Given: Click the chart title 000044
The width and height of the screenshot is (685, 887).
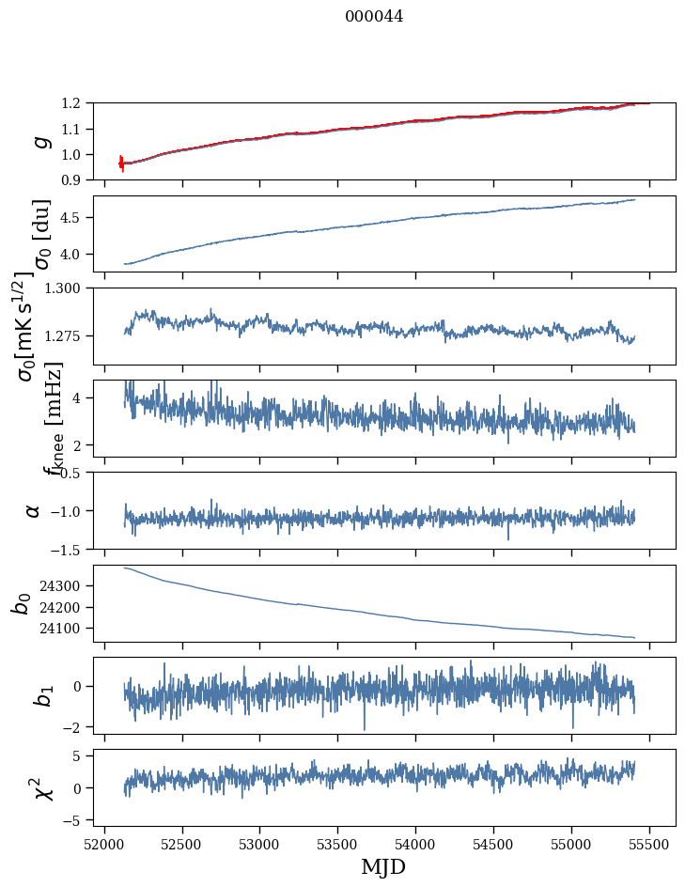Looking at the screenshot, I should coord(373,16).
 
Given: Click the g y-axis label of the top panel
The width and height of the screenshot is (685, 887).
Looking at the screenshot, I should coord(39,141).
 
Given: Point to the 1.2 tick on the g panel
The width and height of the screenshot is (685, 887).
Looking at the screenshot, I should coord(75,103).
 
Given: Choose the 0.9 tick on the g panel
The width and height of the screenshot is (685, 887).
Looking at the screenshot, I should coord(75,179).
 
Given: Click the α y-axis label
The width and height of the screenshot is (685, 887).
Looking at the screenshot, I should coord(34,510).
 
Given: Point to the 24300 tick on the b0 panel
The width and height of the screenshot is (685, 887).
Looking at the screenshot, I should coord(66,585).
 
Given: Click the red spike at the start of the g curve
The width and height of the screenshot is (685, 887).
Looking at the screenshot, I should coord(121,163).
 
